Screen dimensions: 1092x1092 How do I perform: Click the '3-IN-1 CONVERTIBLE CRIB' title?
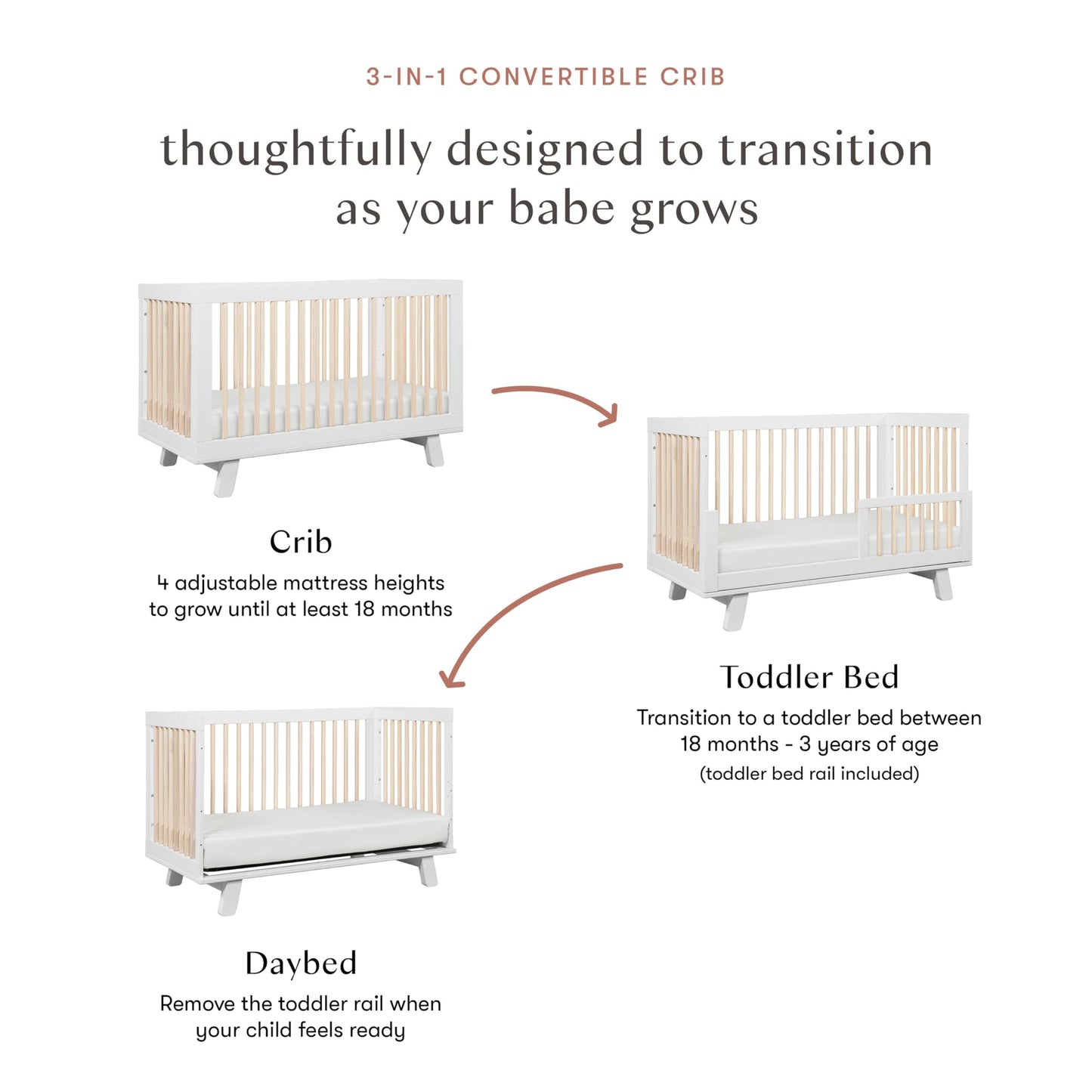[546, 77]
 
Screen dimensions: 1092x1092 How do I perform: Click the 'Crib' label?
[300, 542]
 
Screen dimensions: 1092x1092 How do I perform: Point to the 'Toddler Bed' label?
[809, 677]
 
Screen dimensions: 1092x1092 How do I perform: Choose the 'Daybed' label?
[300, 964]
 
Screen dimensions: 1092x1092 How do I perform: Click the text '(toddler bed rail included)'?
[809, 774]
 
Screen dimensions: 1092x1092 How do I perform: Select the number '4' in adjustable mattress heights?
[162, 583]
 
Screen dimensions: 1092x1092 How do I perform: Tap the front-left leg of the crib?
[225, 478]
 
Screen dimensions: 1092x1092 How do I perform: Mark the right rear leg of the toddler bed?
[942, 584]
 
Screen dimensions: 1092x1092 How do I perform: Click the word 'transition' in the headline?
[825, 150]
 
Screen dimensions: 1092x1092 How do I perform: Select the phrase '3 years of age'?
[868, 744]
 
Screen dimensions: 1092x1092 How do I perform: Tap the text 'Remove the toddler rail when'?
[300, 1004]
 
